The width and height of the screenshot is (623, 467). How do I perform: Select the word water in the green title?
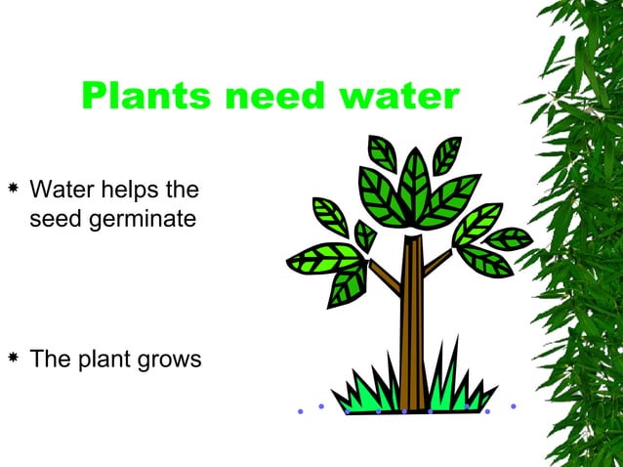(x=396, y=97)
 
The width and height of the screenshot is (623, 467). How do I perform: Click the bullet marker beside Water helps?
(x=13, y=186)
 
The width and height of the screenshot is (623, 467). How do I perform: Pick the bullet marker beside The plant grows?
(x=13, y=358)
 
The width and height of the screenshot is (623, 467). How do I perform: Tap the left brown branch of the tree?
(x=383, y=277)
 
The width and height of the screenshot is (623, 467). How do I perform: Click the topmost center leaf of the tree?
(x=415, y=181)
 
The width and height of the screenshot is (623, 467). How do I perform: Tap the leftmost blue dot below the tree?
(x=301, y=411)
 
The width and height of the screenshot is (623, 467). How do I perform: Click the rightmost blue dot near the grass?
(x=514, y=405)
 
